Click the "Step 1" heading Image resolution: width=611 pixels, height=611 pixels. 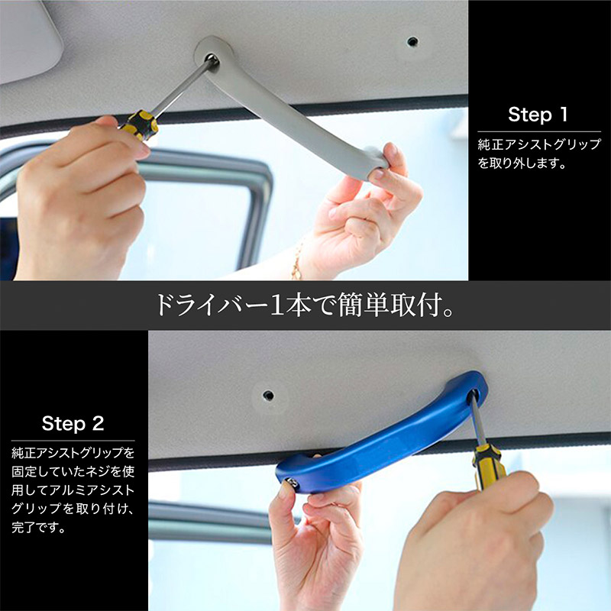[538, 114]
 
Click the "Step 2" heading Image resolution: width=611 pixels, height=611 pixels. [73, 423]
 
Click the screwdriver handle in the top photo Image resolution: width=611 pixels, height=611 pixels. [141, 124]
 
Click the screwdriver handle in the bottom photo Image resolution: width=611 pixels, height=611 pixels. [488, 466]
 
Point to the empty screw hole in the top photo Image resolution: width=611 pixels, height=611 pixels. [412, 41]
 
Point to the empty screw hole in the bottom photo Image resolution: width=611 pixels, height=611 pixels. [268, 396]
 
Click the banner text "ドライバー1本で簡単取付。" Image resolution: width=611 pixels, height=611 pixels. [305, 305]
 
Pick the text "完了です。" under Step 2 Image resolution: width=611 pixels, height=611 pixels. [38, 528]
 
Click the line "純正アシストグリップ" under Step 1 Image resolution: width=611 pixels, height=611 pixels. [539, 144]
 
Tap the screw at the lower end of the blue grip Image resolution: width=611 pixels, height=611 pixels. [291, 483]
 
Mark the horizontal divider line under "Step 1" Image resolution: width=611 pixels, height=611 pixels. [539, 131]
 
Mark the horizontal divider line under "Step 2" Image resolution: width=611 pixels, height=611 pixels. [73, 441]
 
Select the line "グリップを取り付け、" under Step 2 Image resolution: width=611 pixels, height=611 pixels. [73, 509]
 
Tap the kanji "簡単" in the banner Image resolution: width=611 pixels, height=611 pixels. [364, 305]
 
